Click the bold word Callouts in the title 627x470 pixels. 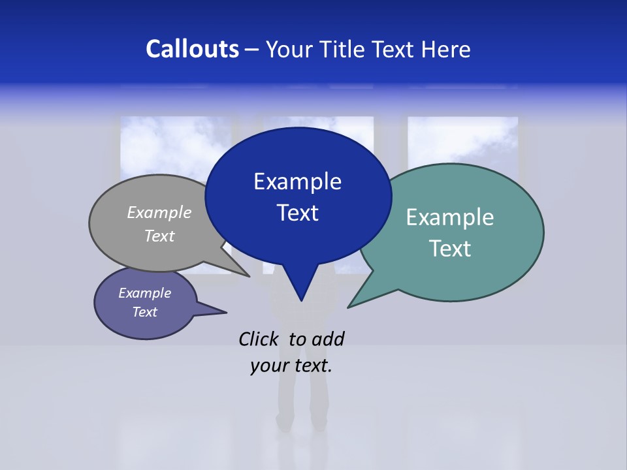[x=192, y=49]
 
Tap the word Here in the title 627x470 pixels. [x=446, y=49]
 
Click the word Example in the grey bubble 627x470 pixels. [x=159, y=212]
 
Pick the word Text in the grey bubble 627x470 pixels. [x=159, y=236]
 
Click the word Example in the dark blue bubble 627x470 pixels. [x=297, y=181]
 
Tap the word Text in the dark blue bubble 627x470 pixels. [x=297, y=213]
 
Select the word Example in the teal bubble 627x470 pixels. [x=450, y=217]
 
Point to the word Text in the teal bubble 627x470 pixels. [x=450, y=249]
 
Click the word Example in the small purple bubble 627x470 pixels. [x=144, y=293]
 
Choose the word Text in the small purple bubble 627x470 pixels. [x=144, y=312]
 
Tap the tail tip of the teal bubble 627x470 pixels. [x=349, y=307]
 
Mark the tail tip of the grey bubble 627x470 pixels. [x=249, y=276]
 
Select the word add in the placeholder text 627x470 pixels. [x=328, y=339]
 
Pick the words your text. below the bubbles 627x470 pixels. [x=291, y=366]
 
